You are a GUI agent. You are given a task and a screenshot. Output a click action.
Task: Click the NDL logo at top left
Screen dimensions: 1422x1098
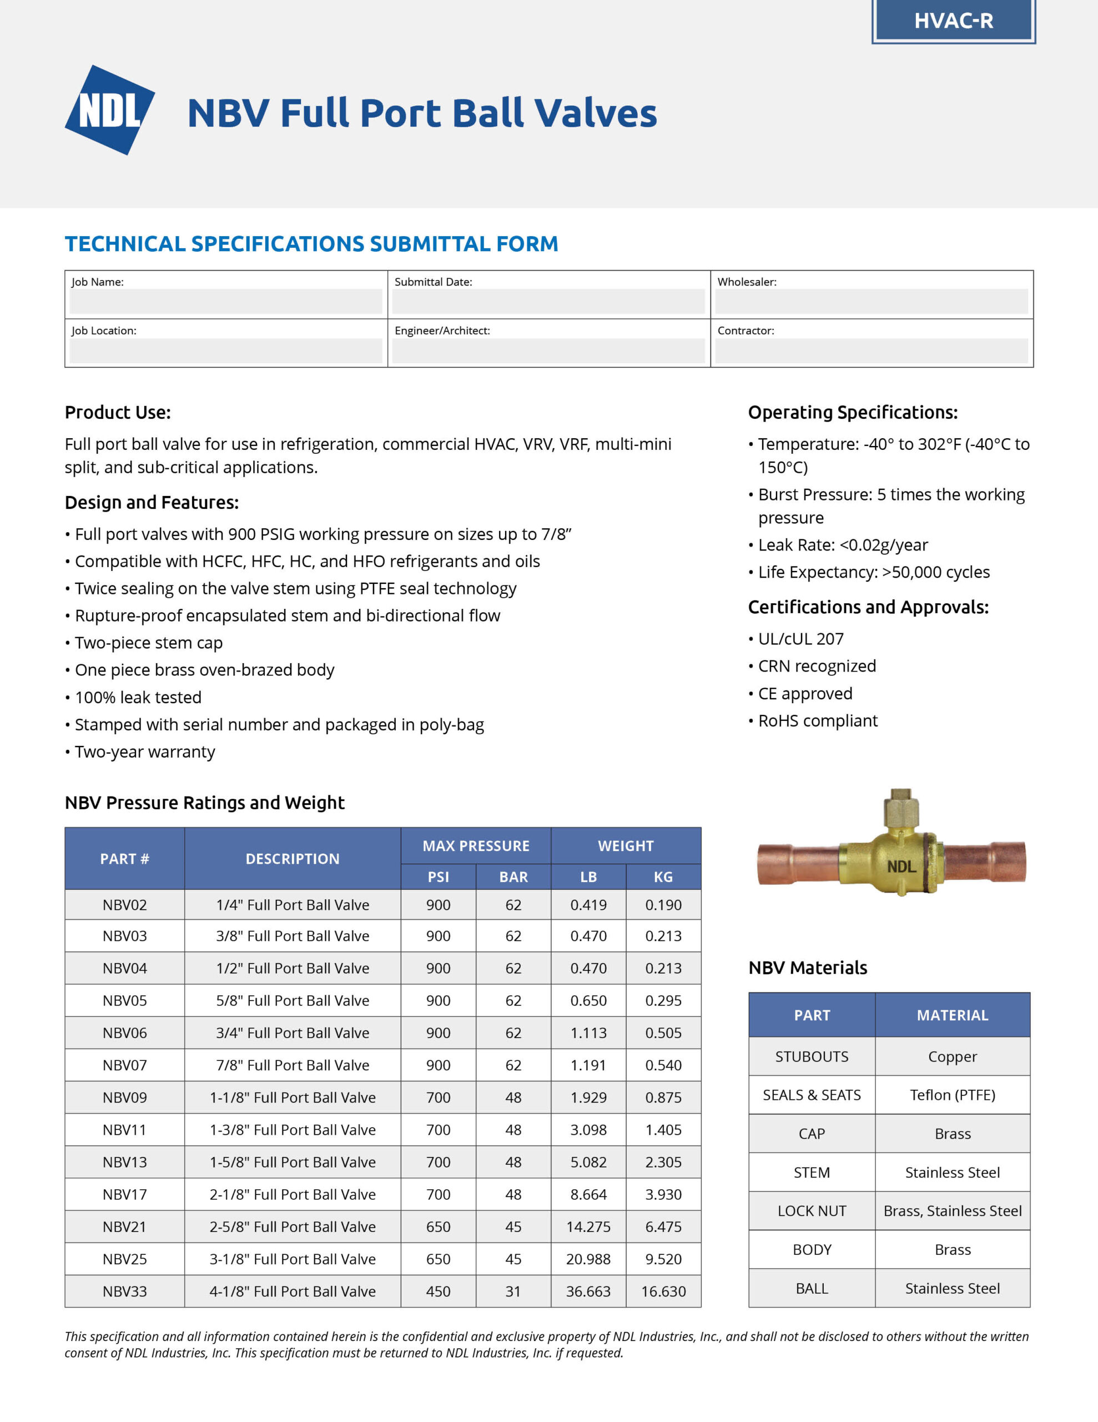[109, 110]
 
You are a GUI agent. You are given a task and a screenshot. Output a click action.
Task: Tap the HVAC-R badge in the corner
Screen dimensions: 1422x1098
[953, 21]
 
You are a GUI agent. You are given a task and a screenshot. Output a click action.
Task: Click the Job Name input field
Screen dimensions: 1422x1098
[225, 302]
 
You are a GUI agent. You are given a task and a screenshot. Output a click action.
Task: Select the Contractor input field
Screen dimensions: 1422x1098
[871, 351]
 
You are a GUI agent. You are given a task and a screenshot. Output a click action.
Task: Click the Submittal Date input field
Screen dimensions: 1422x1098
[548, 302]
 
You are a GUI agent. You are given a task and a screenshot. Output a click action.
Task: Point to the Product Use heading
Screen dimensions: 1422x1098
[118, 412]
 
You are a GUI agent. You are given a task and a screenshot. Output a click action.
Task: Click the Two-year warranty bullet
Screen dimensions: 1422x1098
[144, 752]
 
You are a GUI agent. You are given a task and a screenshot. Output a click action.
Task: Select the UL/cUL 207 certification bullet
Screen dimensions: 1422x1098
[800, 639]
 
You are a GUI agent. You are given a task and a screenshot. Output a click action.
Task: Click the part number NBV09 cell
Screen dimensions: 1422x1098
[124, 1097]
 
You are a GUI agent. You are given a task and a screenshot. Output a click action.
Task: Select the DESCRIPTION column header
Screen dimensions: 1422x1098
[292, 858]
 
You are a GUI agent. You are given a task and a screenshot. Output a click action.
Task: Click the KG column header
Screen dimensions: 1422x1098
[663, 877]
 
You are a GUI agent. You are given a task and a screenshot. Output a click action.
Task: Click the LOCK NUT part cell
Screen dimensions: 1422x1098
[812, 1210]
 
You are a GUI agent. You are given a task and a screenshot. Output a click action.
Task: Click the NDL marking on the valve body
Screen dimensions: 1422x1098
[901, 867]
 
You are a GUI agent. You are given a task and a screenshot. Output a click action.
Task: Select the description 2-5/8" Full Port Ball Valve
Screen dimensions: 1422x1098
[292, 1226]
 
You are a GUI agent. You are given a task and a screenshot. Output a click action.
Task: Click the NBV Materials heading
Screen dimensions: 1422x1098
[808, 968]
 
